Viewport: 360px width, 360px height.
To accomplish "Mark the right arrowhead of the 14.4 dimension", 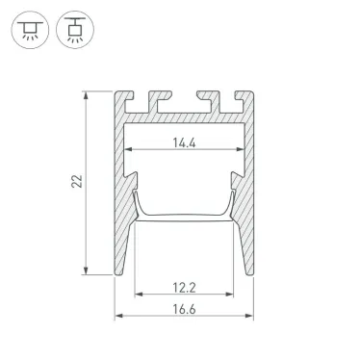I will pos(242,150).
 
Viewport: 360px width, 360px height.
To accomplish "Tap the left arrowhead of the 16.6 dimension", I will pos(119,316).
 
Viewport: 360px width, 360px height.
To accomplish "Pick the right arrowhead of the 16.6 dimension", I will pos(255,316).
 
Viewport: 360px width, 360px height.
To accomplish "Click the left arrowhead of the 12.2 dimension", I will pos(138,296).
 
